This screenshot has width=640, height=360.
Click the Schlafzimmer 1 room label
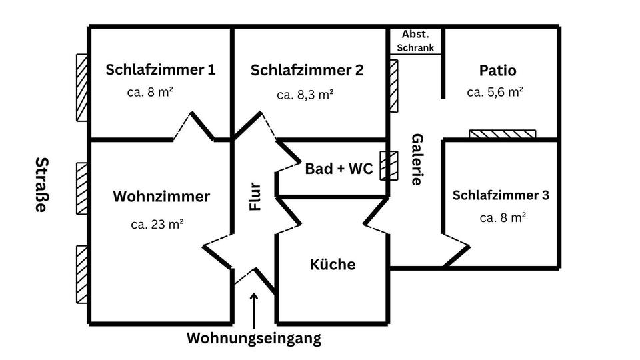(161, 69)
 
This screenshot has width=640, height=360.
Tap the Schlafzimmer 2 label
(307, 70)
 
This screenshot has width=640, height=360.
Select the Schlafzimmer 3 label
(501, 195)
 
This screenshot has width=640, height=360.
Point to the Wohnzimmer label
(161, 197)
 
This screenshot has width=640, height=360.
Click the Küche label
(333, 265)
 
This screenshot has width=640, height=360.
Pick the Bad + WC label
(339, 169)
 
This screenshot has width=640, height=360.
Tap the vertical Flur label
(255, 197)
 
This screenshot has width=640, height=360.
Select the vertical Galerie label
(417, 159)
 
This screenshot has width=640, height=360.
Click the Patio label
(497, 70)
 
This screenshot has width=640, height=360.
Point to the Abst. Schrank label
(415, 41)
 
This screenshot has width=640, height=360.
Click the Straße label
(41, 185)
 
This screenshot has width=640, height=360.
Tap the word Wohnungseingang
(253, 338)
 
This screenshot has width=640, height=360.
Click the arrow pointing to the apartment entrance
(253, 309)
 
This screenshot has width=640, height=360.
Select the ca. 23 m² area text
(157, 224)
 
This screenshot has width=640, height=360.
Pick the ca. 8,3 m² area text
(305, 95)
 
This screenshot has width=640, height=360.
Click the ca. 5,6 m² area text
(495, 92)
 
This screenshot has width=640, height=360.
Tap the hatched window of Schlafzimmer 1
(82, 87)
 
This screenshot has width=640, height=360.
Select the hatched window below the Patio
(503, 134)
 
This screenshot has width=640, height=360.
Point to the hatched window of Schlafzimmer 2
(393, 86)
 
